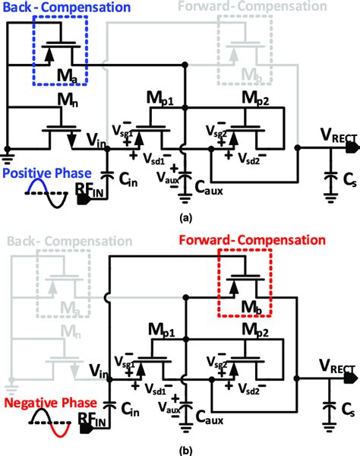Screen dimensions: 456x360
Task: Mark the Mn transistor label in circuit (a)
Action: pyautogui.click(x=61, y=95)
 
